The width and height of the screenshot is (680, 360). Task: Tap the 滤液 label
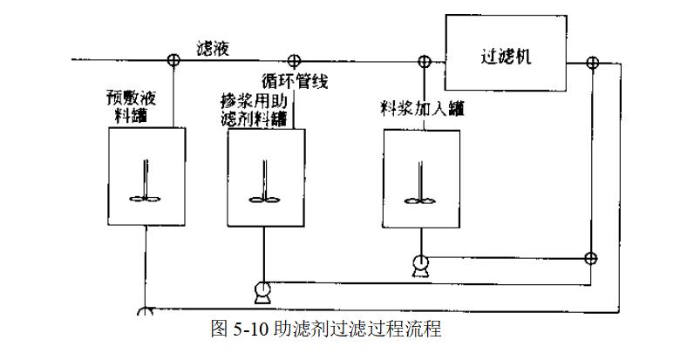(x=212, y=49)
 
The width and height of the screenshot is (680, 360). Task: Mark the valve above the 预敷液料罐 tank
(x=173, y=61)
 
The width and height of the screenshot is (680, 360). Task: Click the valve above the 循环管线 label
(x=294, y=61)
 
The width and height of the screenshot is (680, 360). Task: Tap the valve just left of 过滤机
(x=425, y=61)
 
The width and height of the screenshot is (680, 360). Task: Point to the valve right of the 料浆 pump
(x=590, y=258)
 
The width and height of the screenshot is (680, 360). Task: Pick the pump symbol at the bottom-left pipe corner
(x=146, y=311)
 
